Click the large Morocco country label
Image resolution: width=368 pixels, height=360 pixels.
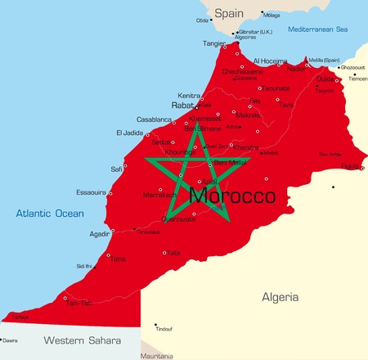[x=231, y=196]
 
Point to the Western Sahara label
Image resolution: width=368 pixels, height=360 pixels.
[x=82, y=340]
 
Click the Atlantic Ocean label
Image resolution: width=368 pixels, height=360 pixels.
[x=51, y=214]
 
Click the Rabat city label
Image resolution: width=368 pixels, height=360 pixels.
[x=182, y=106]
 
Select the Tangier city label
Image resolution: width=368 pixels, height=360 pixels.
[x=214, y=43]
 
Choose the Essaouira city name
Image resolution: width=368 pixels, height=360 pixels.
[x=85, y=193]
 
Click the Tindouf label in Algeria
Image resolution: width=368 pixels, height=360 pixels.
[x=164, y=329]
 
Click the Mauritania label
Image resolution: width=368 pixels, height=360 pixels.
[x=158, y=356]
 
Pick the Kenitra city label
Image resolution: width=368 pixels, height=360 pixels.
[x=190, y=95]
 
